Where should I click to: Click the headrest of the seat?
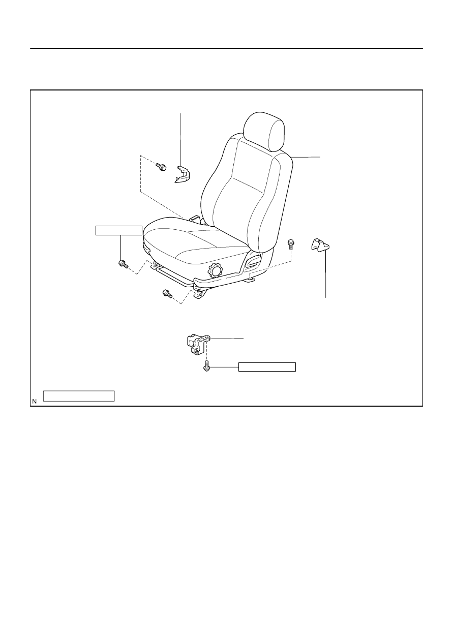point(264,131)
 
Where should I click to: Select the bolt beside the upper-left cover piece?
point(161,167)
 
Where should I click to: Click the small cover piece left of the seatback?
point(183,174)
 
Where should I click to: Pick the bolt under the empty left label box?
point(123,264)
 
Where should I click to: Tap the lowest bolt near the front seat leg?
point(167,293)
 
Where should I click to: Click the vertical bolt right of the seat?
point(291,244)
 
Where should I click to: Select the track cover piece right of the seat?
point(320,245)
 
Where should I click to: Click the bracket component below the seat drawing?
point(198,344)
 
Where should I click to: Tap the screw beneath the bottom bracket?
point(206,366)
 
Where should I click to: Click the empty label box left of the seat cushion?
point(118,230)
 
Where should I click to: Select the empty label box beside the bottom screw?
point(267,367)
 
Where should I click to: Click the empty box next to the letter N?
point(79,396)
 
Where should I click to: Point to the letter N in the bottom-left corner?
point(35,402)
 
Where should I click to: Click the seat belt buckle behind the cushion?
point(196,219)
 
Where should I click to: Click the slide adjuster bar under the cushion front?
point(172,275)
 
